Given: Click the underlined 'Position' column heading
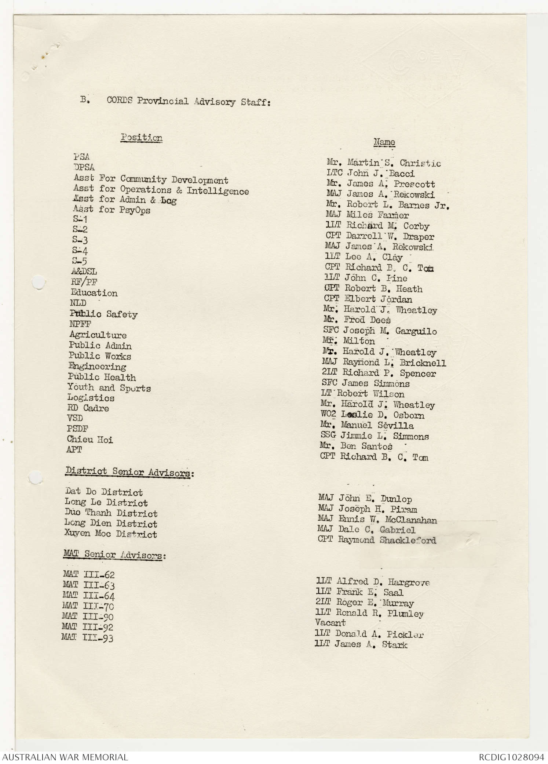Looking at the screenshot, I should (x=142, y=138).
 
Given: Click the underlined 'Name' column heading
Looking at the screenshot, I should (x=384, y=142).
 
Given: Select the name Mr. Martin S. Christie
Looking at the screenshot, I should (x=383, y=163).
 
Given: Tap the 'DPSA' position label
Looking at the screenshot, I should (x=84, y=167).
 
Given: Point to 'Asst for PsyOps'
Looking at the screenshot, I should (x=112, y=210).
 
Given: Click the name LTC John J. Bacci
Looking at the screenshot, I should (x=370, y=173).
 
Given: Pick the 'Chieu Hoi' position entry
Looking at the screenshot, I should (x=90, y=439).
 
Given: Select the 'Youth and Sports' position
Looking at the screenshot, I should (x=109, y=388).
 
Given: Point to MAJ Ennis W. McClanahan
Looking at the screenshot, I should (x=377, y=519).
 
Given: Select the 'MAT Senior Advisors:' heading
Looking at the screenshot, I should (x=114, y=554).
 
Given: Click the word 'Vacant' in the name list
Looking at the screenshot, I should (x=330, y=623).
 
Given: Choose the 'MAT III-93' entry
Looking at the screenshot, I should (x=87, y=638).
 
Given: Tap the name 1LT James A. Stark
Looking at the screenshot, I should (x=361, y=644).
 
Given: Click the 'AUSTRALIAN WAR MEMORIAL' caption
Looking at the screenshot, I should (x=65, y=757).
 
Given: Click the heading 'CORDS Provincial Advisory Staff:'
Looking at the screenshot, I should (x=189, y=101).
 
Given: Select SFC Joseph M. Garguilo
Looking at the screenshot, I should (x=380, y=331).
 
